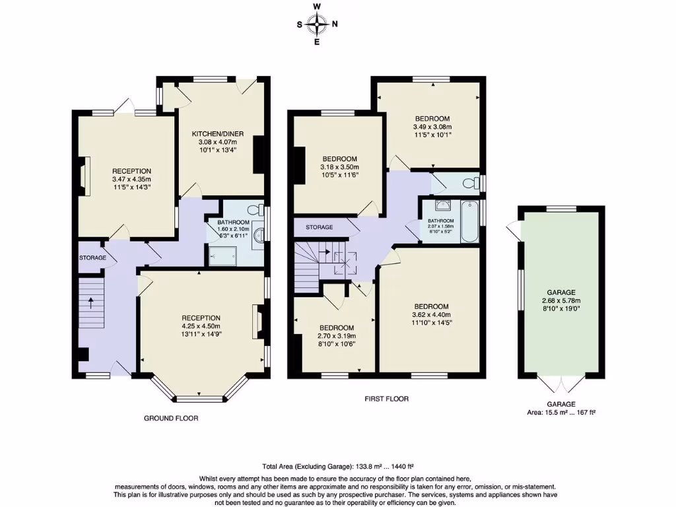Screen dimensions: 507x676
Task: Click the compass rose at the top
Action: point(317,25)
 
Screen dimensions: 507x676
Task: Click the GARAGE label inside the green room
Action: point(561,292)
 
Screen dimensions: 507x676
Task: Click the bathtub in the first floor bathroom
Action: point(469,220)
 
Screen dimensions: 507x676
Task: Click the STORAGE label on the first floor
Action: point(319,228)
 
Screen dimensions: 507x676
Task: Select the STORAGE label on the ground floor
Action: point(92,257)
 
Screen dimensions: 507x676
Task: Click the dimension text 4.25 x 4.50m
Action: point(201,326)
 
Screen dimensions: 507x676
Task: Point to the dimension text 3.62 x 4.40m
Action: point(431,315)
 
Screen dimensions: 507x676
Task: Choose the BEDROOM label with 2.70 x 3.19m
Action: point(337,328)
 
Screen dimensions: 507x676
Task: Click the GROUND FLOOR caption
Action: point(171,419)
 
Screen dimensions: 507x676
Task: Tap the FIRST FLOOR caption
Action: point(386,399)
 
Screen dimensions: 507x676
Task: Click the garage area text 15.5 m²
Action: point(560,413)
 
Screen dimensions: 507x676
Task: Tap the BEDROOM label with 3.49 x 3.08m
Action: point(432,119)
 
